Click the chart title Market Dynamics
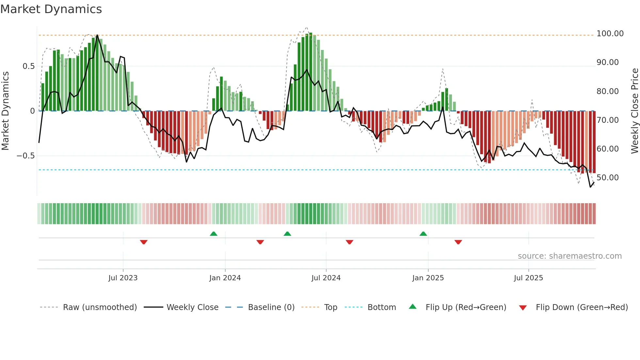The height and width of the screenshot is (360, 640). (x=51, y=9)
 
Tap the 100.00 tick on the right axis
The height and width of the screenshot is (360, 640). (x=610, y=34)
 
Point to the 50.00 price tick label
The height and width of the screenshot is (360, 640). (x=607, y=178)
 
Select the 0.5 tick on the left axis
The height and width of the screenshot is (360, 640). (x=28, y=66)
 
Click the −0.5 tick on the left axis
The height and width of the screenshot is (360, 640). (x=26, y=156)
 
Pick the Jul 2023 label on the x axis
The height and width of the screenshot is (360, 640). (x=123, y=278)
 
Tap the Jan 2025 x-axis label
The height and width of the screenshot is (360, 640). (x=428, y=278)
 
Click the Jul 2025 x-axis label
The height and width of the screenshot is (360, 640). (x=528, y=278)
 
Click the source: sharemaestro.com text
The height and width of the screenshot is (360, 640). (x=569, y=256)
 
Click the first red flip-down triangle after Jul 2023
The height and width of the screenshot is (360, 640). (x=144, y=242)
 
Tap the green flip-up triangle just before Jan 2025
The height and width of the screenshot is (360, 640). (x=423, y=234)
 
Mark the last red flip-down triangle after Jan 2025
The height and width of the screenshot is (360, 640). (x=458, y=242)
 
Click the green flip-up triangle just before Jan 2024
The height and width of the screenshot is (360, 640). (x=214, y=234)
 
